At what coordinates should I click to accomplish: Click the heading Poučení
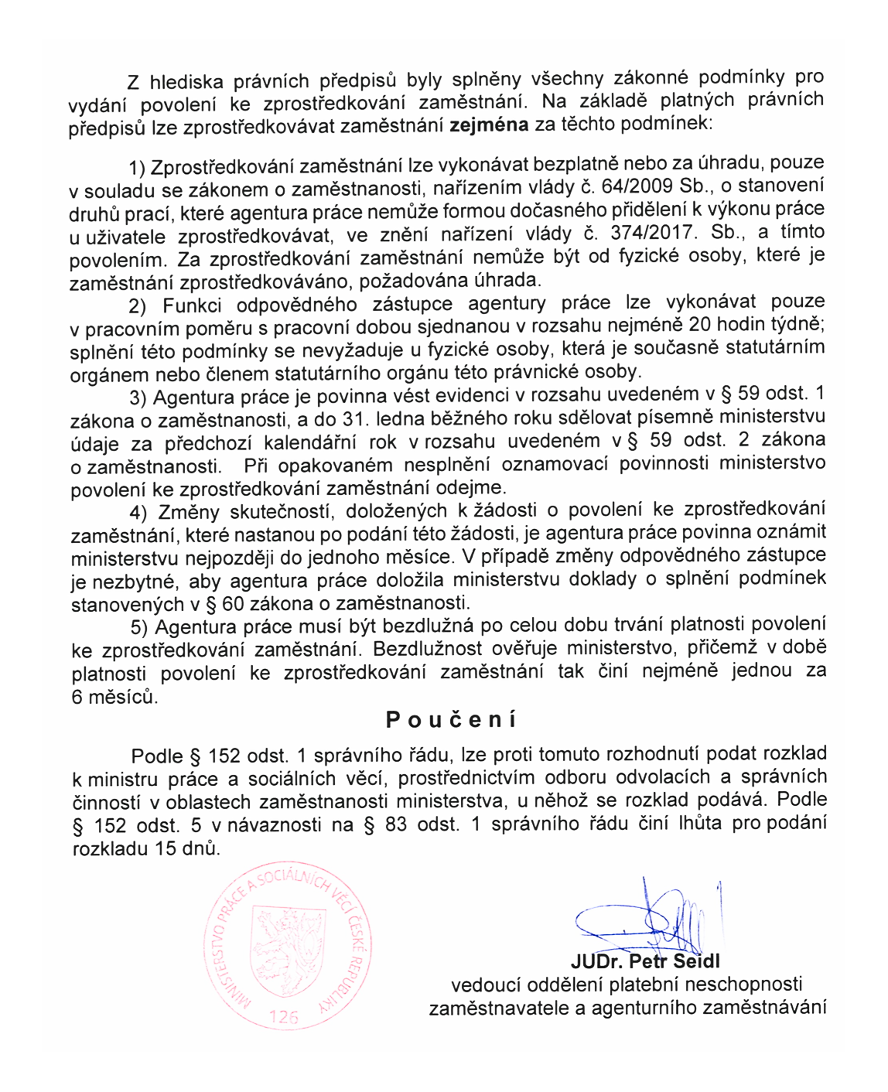[x=451, y=720]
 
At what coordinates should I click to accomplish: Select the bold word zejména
[x=489, y=125]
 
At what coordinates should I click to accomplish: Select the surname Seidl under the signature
[x=695, y=961]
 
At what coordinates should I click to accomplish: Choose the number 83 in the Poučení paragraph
[x=395, y=824]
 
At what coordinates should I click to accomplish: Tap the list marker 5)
[x=139, y=626]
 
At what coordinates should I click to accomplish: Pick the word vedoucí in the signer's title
[x=487, y=985]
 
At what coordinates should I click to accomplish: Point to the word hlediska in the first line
[x=186, y=81]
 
